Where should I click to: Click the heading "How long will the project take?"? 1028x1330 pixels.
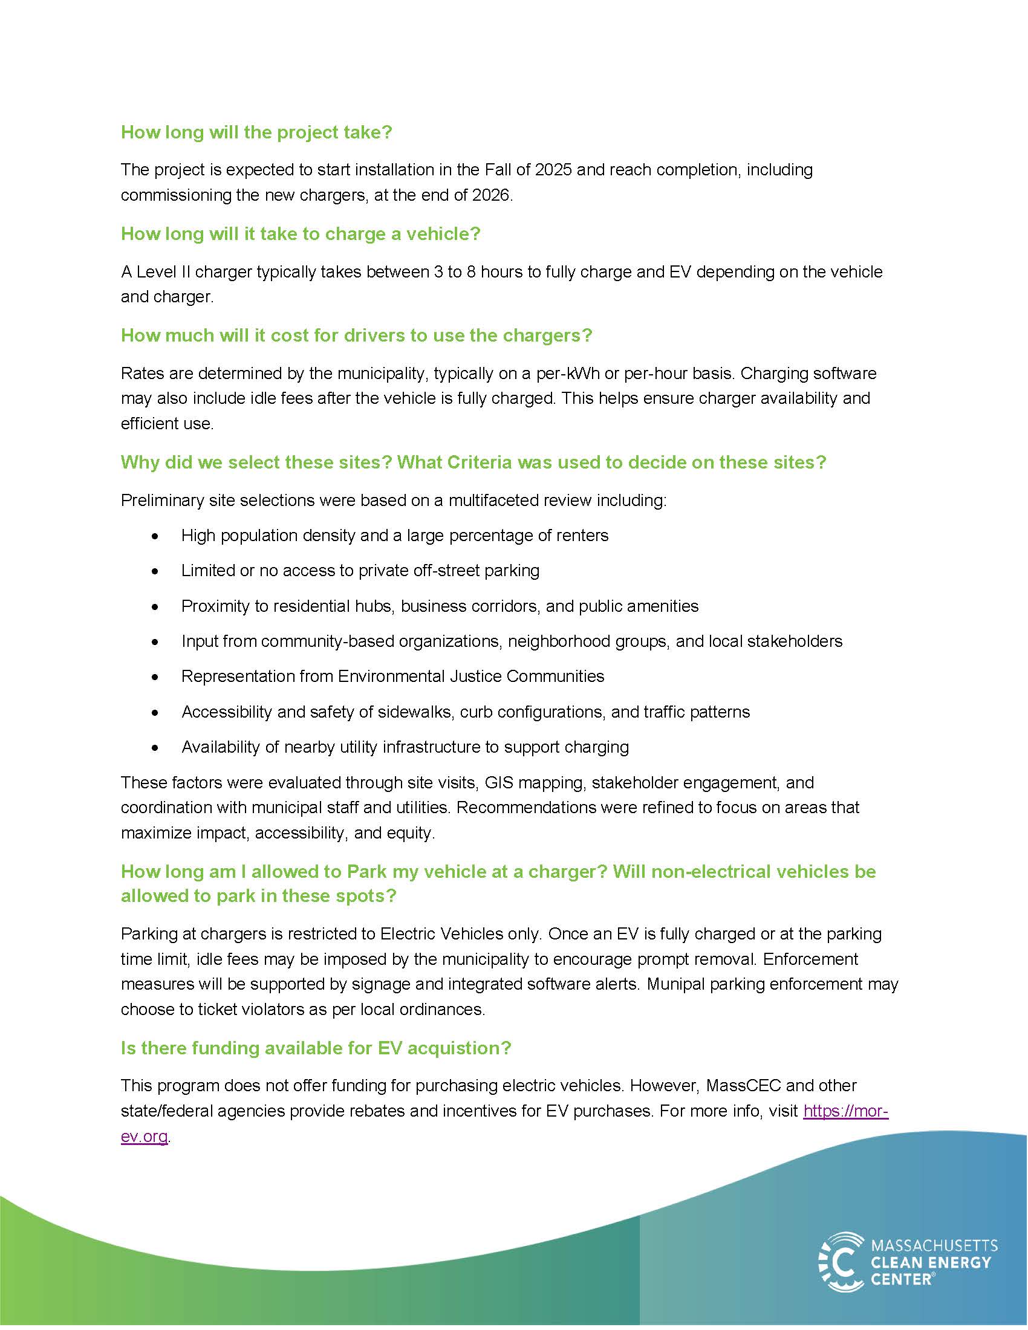pyautogui.click(x=256, y=132)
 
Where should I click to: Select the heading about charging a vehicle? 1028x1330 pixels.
pyautogui.click(x=301, y=234)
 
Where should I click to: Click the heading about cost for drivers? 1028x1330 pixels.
pyautogui.click(x=356, y=336)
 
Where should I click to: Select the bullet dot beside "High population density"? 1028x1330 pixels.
pyautogui.click(x=156, y=536)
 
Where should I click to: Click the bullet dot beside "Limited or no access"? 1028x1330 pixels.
pyautogui.click(x=156, y=571)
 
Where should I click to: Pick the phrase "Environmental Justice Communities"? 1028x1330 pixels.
pyautogui.click(x=470, y=676)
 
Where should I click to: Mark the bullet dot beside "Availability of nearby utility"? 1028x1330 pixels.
pyautogui.click(x=156, y=748)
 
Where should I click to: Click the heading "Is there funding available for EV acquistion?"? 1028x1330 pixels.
pyautogui.click(x=316, y=1048)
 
